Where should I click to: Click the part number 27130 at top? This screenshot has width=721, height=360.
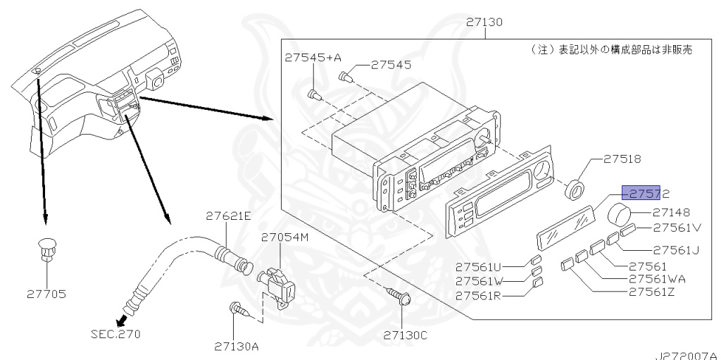pos(484,23)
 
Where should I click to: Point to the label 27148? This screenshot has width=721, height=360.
pos(670,211)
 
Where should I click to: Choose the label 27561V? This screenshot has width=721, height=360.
pos(677,228)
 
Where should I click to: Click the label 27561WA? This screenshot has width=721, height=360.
pos(657,278)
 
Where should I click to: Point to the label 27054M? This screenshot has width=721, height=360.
pos(286,237)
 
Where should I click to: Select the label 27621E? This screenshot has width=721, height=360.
pos(227,216)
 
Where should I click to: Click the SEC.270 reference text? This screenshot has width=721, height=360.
pos(115,333)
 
